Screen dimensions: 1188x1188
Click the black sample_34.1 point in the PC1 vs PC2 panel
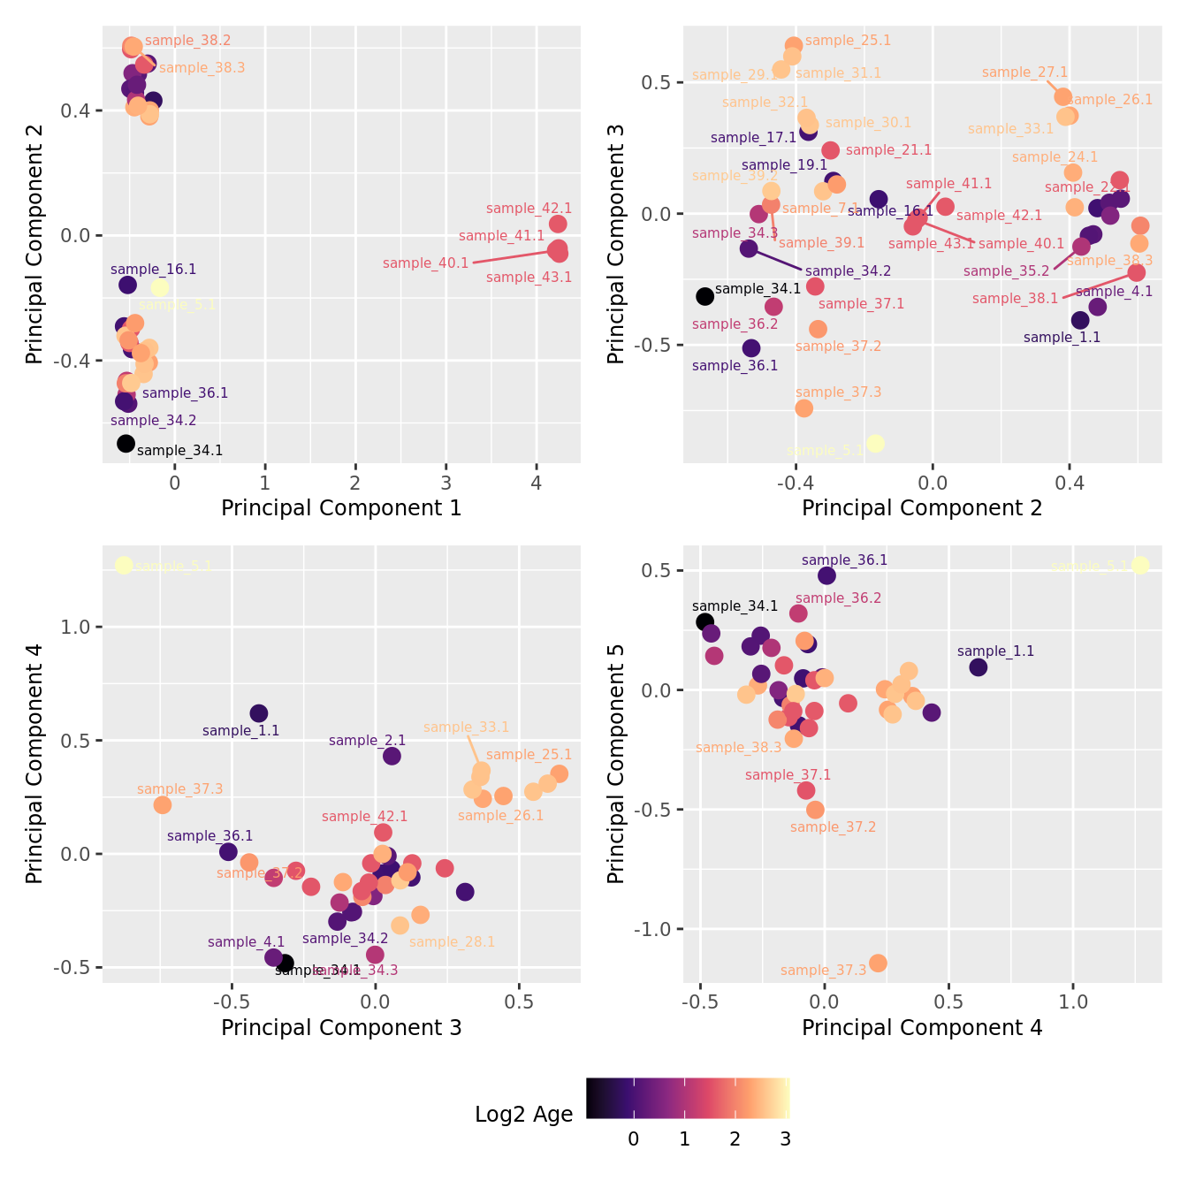coord(126,444)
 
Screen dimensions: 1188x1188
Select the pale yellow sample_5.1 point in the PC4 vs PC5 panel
coord(1140,566)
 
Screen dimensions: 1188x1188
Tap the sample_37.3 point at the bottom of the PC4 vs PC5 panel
coord(878,963)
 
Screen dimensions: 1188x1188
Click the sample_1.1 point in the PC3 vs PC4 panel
coord(259,713)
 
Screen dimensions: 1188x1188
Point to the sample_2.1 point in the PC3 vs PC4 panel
coord(392,756)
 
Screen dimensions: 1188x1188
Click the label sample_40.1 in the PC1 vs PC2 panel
coord(425,263)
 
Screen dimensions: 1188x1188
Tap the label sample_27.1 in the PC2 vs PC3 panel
coord(1024,72)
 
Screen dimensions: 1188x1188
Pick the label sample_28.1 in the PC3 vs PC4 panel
coord(452,942)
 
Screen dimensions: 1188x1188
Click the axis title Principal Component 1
coord(341,508)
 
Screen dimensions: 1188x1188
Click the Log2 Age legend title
coord(523,1115)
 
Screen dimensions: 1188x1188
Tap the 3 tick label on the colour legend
coord(785,1139)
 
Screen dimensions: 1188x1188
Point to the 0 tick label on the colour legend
coord(633,1139)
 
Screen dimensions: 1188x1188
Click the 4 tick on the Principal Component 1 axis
coord(537,483)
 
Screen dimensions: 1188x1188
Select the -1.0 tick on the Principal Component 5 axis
coord(653,930)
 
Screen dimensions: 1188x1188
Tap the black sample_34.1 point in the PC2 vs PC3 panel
coord(704,297)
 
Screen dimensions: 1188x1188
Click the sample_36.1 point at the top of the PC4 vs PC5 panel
coord(826,575)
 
